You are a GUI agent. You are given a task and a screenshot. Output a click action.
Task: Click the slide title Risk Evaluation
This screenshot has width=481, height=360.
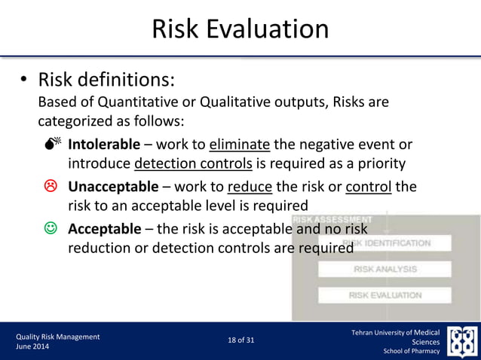pos(240,29)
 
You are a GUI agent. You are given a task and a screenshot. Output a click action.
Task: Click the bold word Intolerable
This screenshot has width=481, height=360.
pos(104,144)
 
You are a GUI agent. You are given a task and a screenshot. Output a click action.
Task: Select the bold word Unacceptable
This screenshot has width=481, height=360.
pos(113,186)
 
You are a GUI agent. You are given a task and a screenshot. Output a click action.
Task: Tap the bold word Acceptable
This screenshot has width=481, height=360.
pos(104,228)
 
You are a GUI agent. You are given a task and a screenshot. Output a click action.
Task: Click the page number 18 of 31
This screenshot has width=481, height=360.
pos(240,340)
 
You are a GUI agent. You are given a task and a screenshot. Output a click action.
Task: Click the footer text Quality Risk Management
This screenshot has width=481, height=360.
pos(58,337)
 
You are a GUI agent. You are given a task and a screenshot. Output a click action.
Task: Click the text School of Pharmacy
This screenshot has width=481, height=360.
pos(411,351)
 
